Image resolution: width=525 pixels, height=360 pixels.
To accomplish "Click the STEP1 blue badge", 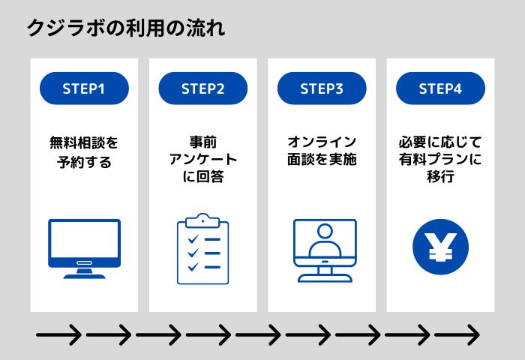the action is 84,88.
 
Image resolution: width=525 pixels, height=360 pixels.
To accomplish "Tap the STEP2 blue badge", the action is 203,88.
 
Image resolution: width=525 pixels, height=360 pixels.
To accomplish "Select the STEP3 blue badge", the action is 322,88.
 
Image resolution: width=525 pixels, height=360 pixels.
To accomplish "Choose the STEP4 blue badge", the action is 441,88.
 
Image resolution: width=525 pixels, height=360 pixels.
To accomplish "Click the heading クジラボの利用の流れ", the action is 126,28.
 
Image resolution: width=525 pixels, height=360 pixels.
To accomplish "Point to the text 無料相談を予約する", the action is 84,152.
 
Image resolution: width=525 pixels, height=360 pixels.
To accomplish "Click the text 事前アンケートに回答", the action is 203,159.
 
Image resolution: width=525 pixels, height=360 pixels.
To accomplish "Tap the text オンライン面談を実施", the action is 322,151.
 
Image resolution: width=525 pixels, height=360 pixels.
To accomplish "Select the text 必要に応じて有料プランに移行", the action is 440,159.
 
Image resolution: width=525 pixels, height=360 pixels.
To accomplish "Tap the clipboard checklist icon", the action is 203,249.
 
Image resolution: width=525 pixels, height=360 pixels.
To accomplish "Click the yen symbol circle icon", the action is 441,247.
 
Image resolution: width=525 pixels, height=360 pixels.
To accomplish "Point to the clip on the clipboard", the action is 203,220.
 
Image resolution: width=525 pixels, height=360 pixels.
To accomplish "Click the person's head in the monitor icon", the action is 325,231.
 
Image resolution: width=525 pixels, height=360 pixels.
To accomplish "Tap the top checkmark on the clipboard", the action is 193,239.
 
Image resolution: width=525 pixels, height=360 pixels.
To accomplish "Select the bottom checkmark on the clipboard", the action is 193,267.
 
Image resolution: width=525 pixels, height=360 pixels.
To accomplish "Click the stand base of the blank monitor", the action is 84,276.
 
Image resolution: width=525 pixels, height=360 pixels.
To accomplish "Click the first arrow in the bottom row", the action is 58,334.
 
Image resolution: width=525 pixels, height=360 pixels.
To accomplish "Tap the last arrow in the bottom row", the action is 457,334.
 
